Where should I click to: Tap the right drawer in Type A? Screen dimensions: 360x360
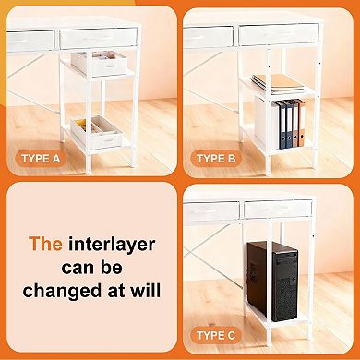coord(98,38)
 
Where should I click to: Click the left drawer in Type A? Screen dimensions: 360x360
coord(31,39)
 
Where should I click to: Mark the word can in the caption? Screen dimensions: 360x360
coord(90,268)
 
